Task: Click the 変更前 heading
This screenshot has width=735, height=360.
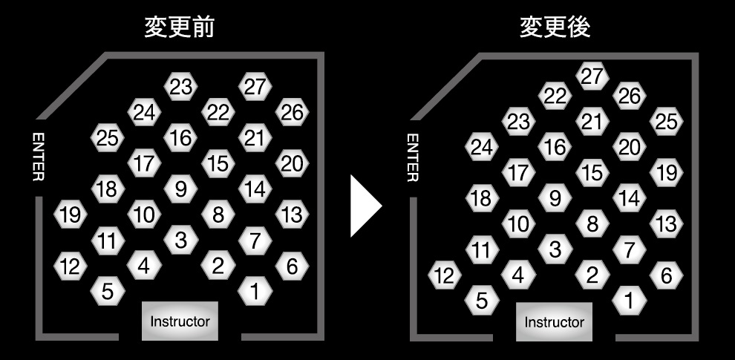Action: pyautogui.click(x=180, y=27)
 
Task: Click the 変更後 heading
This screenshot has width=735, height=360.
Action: pyautogui.click(x=555, y=27)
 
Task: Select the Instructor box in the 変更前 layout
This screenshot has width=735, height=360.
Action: pyautogui.click(x=180, y=321)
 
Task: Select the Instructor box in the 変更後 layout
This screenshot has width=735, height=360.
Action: pyautogui.click(x=554, y=322)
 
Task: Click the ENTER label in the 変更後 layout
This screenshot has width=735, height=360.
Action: pyautogui.click(x=413, y=157)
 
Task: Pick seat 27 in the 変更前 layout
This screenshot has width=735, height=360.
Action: pyautogui.click(x=255, y=87)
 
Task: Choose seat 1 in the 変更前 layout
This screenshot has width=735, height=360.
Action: pyautogui.click(x=255, y=292)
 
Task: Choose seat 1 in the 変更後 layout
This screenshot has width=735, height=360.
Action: pyautogui.click(x=630, y=301)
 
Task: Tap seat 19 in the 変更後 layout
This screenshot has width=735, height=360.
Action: pyautogui.click(x=667, y=173)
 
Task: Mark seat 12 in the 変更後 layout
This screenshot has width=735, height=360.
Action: pyautogui.click(x=444, y=276)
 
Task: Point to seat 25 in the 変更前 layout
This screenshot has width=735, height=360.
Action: pyautogui.click(x=108, y=137)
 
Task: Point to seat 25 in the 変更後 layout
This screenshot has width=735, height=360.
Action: pyautogui.click(x=667, y=121)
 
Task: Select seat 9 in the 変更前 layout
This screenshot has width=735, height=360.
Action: pyautogui.click(x=180, y=189)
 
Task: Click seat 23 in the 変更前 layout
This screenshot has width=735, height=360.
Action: pyautogui.click(x=180, y=87)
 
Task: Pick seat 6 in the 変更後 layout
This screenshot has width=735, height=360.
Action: pyautogui.click(x=667, y=275)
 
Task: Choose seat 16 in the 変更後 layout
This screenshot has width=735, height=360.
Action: pyautogui.click(x=555, y=147)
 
